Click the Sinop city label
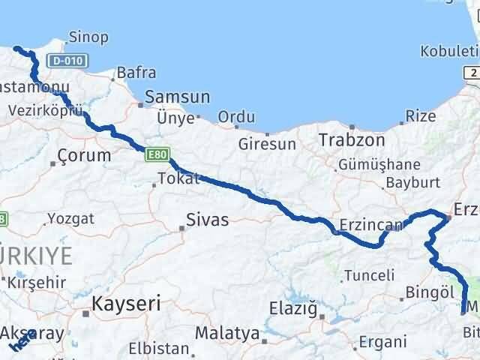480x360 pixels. pos(88,37)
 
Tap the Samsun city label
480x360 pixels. pos(178,97)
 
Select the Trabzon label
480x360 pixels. pos(351,140)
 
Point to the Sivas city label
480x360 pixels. pos(208,220)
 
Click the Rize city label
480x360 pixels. pos(420,116)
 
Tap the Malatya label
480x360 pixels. pos(226,332)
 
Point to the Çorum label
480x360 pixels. pos(84,156)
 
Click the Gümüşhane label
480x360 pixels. pos(379,164)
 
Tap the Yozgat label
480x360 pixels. pos(70,219)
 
